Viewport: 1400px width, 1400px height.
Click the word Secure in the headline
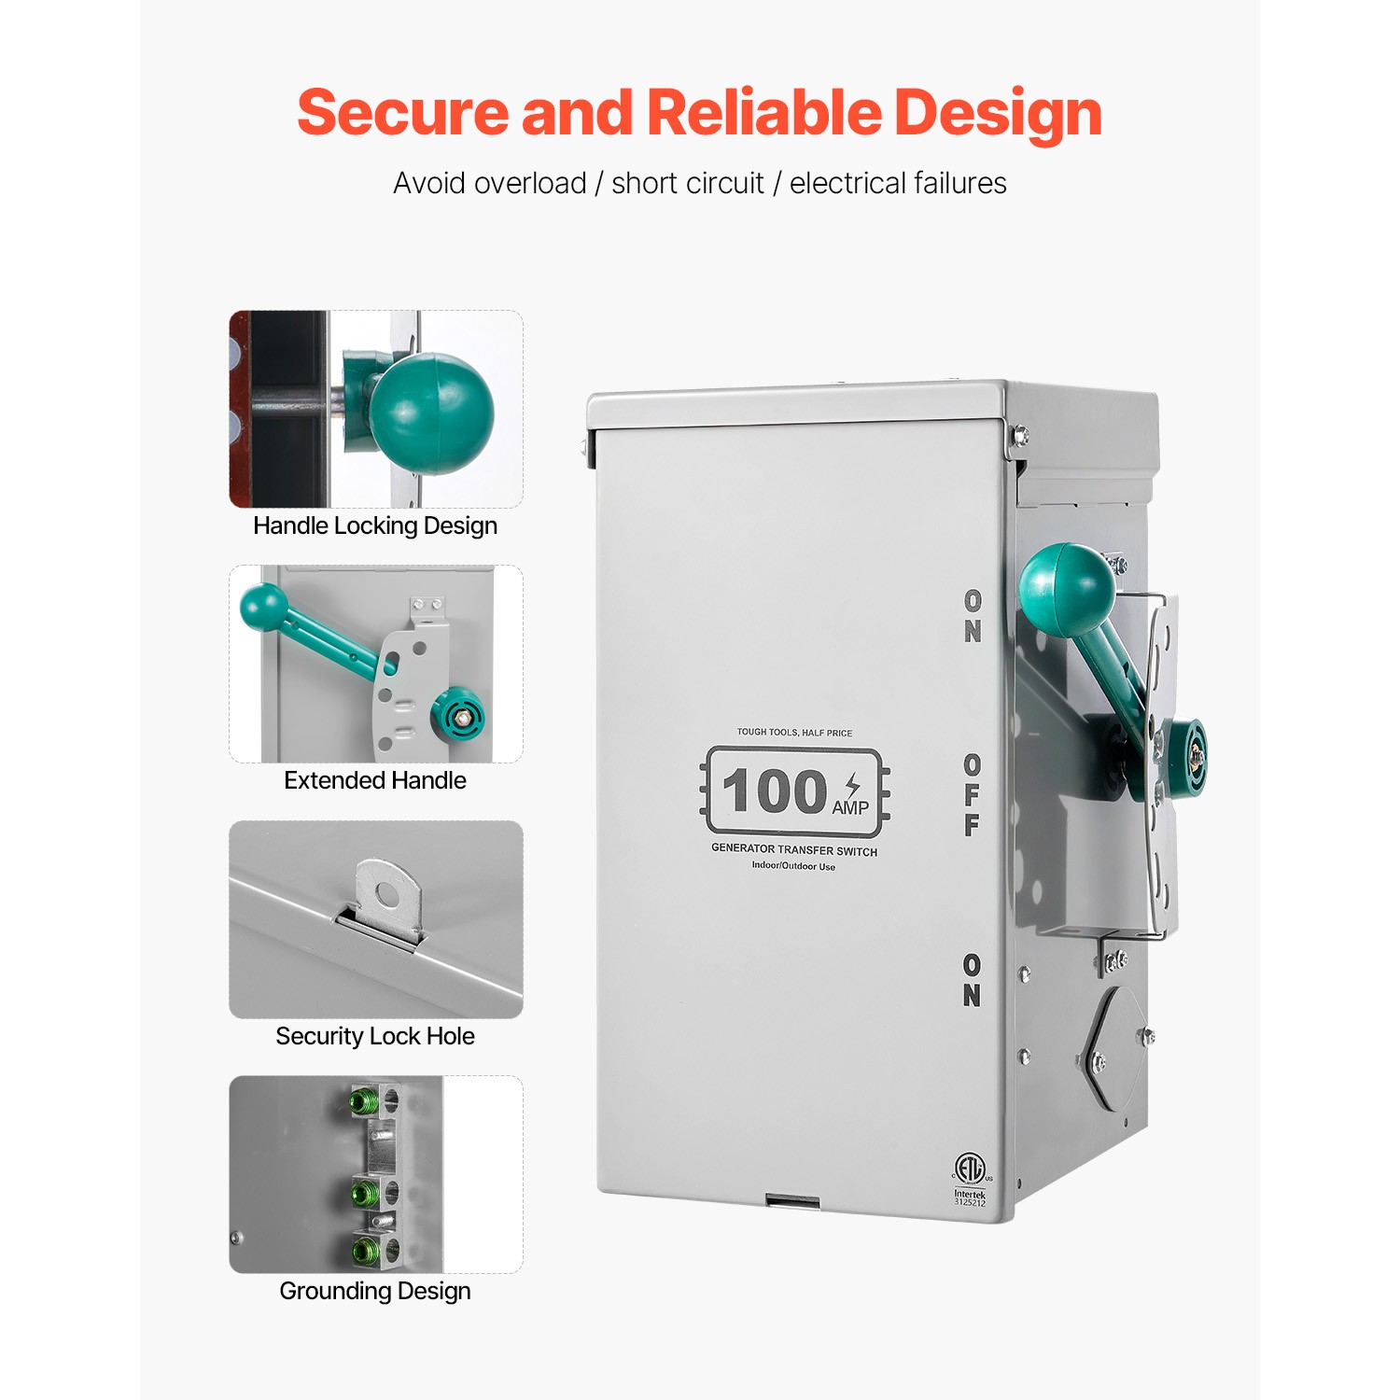402,113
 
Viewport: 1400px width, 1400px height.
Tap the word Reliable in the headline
763,113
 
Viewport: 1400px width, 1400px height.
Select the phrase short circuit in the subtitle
688,184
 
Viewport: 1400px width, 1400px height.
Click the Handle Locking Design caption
375,525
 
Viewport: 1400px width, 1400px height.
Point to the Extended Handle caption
375,780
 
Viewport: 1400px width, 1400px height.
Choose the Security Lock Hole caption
375,1036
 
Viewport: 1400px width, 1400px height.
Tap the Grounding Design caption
375,1291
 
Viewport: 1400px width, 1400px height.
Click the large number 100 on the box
775,791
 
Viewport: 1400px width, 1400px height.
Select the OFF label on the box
973,794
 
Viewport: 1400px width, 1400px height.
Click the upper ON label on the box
973,616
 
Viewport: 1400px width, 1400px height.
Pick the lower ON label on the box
972,980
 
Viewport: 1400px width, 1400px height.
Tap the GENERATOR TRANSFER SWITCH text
794,850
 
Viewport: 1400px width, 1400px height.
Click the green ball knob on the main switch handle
1067,588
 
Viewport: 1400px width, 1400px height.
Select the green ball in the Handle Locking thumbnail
430,413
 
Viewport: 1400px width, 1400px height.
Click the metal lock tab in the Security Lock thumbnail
387,898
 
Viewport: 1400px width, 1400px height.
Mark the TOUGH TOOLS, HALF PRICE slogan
794,733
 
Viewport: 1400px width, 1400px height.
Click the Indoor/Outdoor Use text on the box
793,866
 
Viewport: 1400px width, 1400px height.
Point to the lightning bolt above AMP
852,784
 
